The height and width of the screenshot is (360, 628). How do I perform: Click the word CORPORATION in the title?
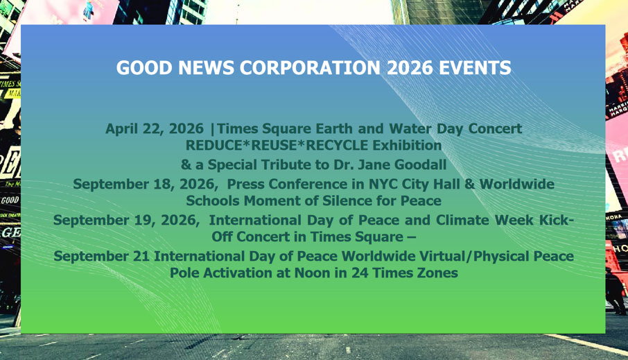pos(310,68)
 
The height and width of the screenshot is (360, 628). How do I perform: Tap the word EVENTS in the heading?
pos(475,68)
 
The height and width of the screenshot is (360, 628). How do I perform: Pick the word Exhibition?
pos(407,145)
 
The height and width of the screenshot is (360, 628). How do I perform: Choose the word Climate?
pos(462,220)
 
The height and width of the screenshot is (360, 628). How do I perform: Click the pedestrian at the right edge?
pos(616,291)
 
